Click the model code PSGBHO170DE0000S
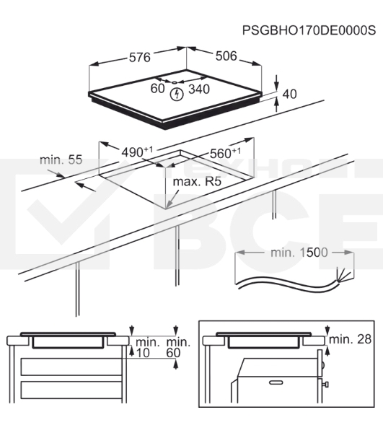(309, 30)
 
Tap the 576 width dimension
(140, 58)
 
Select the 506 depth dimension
(226, 56)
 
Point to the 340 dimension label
(199, 89)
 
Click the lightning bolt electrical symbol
(177, 94)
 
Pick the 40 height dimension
(289, 94)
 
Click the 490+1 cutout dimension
(137, 152)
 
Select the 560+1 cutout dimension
(225, 153)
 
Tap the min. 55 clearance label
(61, 159)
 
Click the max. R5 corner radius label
(197, 182)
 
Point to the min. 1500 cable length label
(299, 253)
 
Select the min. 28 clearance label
(351, 339)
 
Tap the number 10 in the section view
(143, 353)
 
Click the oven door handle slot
(276, 382)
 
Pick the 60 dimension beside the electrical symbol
(157, 88)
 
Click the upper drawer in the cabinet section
(71, 367)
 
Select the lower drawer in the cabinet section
(71, 390)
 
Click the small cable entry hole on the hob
(175, 82)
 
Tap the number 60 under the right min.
(174, 353)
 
